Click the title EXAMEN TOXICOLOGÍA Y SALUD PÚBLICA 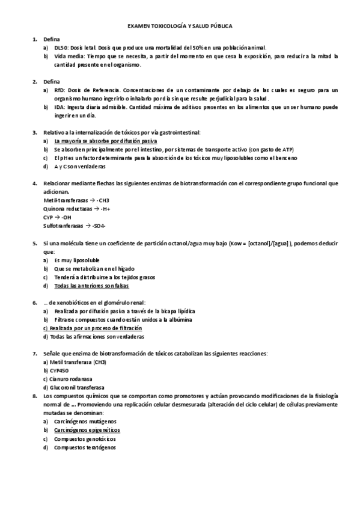181,26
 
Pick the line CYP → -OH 57,217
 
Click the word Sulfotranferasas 63,225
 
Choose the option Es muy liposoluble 78,259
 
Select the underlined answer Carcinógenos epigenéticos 87,431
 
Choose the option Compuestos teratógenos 85,447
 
